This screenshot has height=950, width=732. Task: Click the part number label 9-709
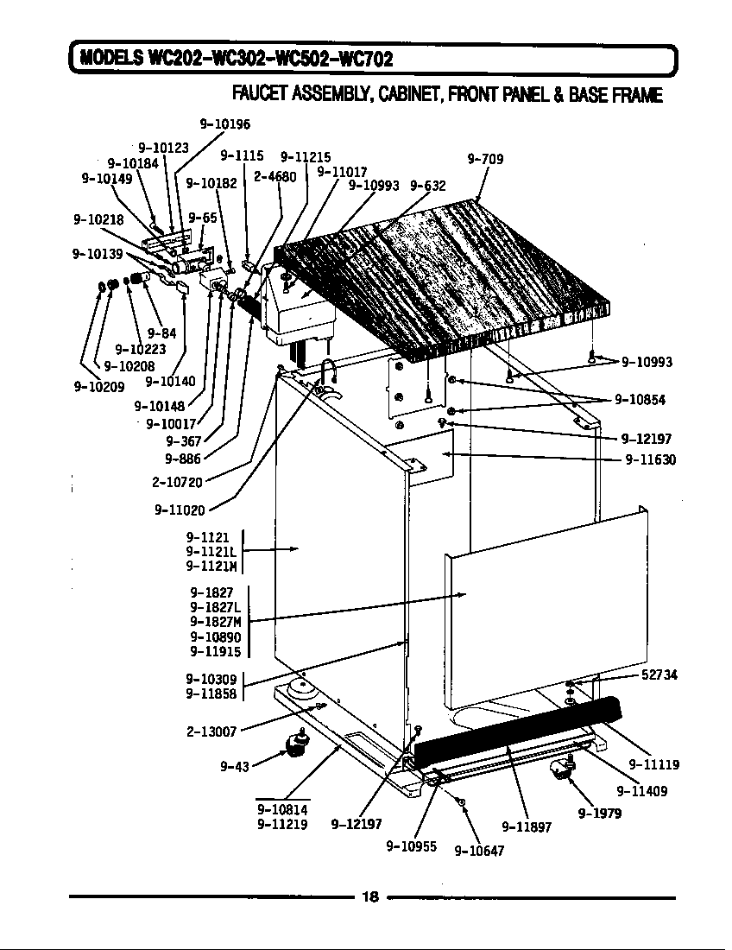point(485,159)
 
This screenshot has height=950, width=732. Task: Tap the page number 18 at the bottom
point(369,896)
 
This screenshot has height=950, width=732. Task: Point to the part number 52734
point(659,674)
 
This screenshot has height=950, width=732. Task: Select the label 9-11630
point(650,459)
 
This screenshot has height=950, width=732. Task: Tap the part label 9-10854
point(640,399)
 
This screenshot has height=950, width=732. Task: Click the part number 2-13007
point(211,731)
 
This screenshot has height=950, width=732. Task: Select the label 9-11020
point(180,510)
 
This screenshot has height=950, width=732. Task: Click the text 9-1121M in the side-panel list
point(211,566)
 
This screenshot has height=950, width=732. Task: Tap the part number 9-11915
point(215,651)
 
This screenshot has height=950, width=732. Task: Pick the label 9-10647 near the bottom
point(479,850)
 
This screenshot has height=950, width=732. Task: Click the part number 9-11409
point(641,790)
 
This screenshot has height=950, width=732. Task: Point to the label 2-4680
point(274,176)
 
